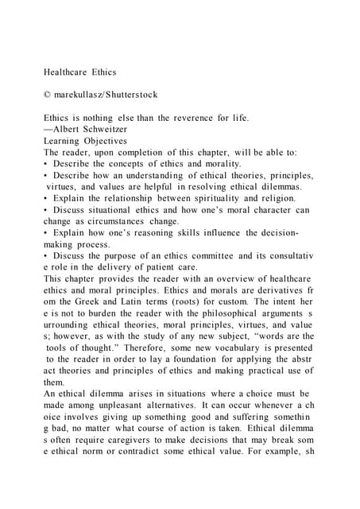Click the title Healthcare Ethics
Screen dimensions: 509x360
point(79,72)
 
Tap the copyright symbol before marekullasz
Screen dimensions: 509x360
point(48,95)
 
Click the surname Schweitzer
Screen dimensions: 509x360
point(103,129)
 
